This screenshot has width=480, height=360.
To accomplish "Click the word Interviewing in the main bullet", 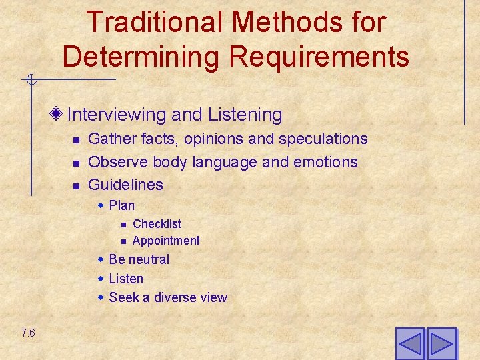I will tap(117, 115).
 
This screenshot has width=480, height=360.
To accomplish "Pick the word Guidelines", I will tap(125, 184).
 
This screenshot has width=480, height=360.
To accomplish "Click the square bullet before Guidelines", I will tap(76, 185).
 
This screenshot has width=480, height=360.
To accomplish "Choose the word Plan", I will tap(121, 205).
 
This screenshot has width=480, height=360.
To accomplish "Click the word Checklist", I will tap(157, 224).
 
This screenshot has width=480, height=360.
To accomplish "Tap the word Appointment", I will tap(166, 241).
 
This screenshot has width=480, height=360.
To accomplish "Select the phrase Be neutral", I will tap(139, 259).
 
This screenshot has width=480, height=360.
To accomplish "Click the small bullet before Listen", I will tap(101, 278).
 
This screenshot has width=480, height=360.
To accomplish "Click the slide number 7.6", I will tap(28, 333).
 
